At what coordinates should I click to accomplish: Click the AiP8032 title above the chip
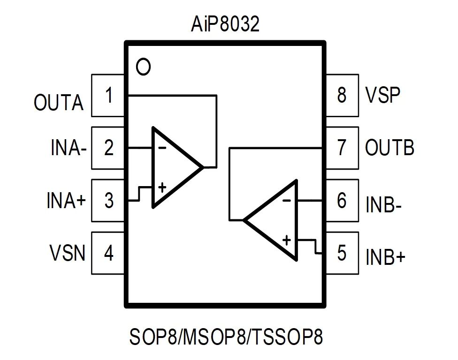pyautogui.click(x=225, y=25)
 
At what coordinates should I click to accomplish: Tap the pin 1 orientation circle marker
pyautogui.click(x=143, y=67)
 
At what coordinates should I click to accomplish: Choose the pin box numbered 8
pyautogui.click(x=342, y=95)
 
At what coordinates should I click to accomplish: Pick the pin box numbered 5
pyautogui.click(x=342, y=253)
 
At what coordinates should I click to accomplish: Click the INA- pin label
pyautogui.click(x=69, y=149)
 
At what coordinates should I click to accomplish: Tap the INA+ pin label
pyautogui.click(x=67, y=202)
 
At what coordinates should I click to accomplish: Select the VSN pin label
pyautogui.click(x=68, y=254)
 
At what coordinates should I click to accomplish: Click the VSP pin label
pyautogui.click(x=382, y=95)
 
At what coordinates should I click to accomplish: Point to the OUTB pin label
pyautogui.click(x=389, y=148)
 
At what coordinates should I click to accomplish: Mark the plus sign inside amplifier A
pyautogui.click(x=162, y=188)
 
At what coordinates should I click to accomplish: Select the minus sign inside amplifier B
pyautogui.click(x=287, y=201)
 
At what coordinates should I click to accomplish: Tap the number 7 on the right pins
pyautogui.click(x=342, y=148)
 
